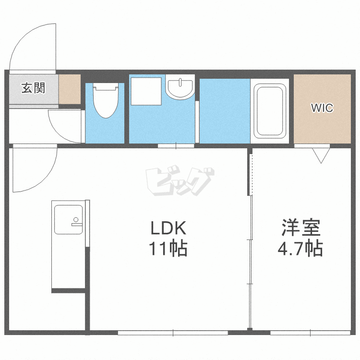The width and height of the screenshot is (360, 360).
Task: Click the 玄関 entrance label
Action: coord(33,88)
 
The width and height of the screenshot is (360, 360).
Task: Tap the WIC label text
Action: coord(321,108)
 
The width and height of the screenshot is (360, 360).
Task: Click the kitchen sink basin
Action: coord(67,219)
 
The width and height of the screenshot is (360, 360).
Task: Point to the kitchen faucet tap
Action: coord(76,222)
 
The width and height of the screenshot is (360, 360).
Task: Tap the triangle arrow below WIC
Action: coord(320,155)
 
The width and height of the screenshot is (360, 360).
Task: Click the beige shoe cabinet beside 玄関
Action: coord(70,89)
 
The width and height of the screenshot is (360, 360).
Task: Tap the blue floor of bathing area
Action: coord(224,111)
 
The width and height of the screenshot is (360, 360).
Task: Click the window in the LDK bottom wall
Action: coord(173,332)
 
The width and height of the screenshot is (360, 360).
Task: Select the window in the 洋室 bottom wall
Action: coord(310,332)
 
